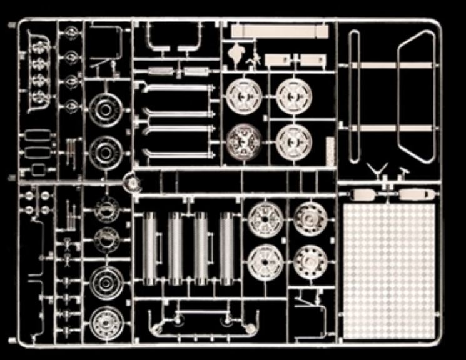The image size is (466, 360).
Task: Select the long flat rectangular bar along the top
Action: point(279,31)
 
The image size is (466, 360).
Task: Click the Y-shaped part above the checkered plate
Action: point(379,170)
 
